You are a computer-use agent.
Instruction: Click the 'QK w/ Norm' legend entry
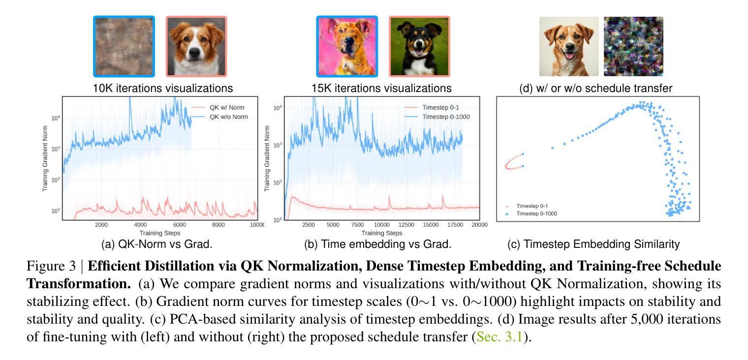(226, 107)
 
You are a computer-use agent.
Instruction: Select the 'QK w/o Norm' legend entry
(228, 117)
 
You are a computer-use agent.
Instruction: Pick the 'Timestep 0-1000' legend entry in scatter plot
(536, 213)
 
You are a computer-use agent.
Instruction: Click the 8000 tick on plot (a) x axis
(218, 225)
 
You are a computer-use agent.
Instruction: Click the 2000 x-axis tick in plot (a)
(101, 225)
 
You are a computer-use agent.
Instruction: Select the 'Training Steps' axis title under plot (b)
(381, 233)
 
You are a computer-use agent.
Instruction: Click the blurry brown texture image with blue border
(124, 47)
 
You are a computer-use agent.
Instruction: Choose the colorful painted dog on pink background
(347, 47)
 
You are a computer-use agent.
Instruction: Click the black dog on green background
(419, 47)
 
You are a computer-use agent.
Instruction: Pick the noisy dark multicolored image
(633, 47)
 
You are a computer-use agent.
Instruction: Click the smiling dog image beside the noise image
(569, 47)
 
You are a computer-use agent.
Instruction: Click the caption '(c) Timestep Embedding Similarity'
(593, 244)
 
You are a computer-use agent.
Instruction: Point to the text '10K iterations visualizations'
(163, 89)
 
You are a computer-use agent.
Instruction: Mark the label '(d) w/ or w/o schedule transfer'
(595, 89)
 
